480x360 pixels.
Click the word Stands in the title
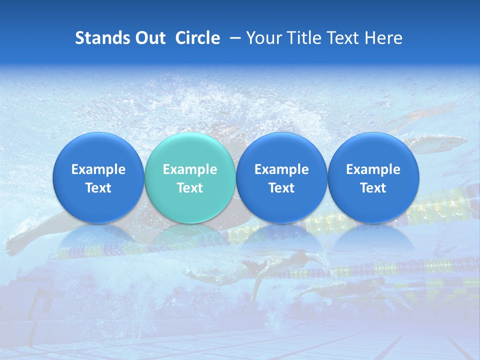pos(102,38)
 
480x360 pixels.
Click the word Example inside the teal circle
pos(189,169)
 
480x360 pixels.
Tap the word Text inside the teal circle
pos(189,188)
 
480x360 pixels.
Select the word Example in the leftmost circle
pos(98,169)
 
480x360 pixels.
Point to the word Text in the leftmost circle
pos(98,188)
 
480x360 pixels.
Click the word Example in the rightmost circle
pos(373,169)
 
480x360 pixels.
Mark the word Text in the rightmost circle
pos(373,188)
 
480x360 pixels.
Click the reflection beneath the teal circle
pos(189,237)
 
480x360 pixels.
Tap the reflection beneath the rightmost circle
pos(373,237)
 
